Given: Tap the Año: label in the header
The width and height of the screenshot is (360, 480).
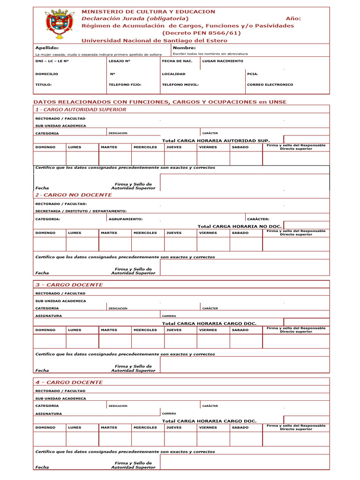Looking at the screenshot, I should (x=293, y=18).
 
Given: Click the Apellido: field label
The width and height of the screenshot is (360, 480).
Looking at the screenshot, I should (x=47, y=48).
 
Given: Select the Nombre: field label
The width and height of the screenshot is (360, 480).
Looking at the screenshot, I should (x=184, y=48).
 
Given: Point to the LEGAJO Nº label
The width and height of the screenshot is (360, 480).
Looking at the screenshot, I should (x=119, y=61).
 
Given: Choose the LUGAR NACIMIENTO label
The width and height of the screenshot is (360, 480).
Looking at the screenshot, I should (x=223, y=61).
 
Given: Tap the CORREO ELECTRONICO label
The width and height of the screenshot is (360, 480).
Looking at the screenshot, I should (x=270, y=85).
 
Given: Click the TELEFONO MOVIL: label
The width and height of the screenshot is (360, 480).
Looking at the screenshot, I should (x=180, y=85).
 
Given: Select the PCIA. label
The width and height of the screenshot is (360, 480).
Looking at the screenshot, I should (x=253, y=74).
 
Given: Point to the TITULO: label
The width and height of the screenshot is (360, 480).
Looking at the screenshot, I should (x=44, y=85).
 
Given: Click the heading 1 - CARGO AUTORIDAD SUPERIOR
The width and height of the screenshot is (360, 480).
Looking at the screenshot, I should (x=81, y=109).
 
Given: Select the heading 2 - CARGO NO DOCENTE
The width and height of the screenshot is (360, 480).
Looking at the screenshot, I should (x=74, y=195).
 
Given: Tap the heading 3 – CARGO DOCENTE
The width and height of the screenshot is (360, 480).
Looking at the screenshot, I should (x=69, y=285).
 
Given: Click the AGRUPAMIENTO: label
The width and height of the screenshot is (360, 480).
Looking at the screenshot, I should (x=126, y=219).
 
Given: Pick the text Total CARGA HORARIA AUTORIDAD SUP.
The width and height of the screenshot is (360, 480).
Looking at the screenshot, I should (x=216, y=141).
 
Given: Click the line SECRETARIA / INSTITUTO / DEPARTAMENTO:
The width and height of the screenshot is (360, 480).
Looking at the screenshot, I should (x=81, y=211).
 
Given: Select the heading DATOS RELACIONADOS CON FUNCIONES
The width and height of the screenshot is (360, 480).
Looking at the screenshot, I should (x=160, y=102).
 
